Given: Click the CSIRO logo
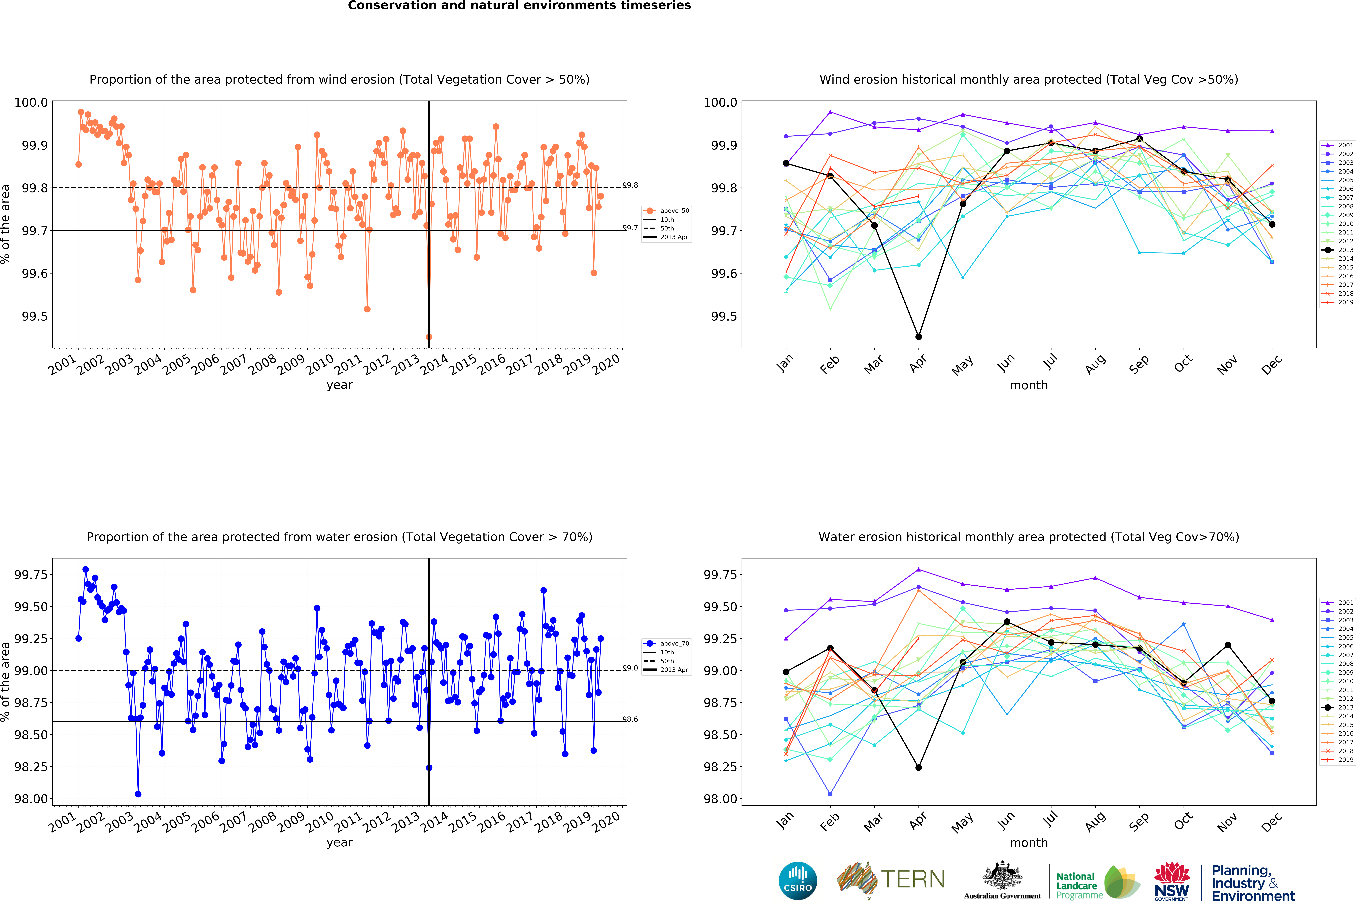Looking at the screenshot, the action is coord(798,880).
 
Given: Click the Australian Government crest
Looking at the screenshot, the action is coord(1002,875).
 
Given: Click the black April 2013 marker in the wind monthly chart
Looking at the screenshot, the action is coord(918,337).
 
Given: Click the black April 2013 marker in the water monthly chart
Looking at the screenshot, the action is coord(918,767).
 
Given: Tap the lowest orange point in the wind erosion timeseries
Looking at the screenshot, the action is coord(429,337).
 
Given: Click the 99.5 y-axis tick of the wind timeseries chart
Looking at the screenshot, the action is coord(34,316).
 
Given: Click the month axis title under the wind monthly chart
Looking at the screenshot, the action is coord(1029,385).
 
